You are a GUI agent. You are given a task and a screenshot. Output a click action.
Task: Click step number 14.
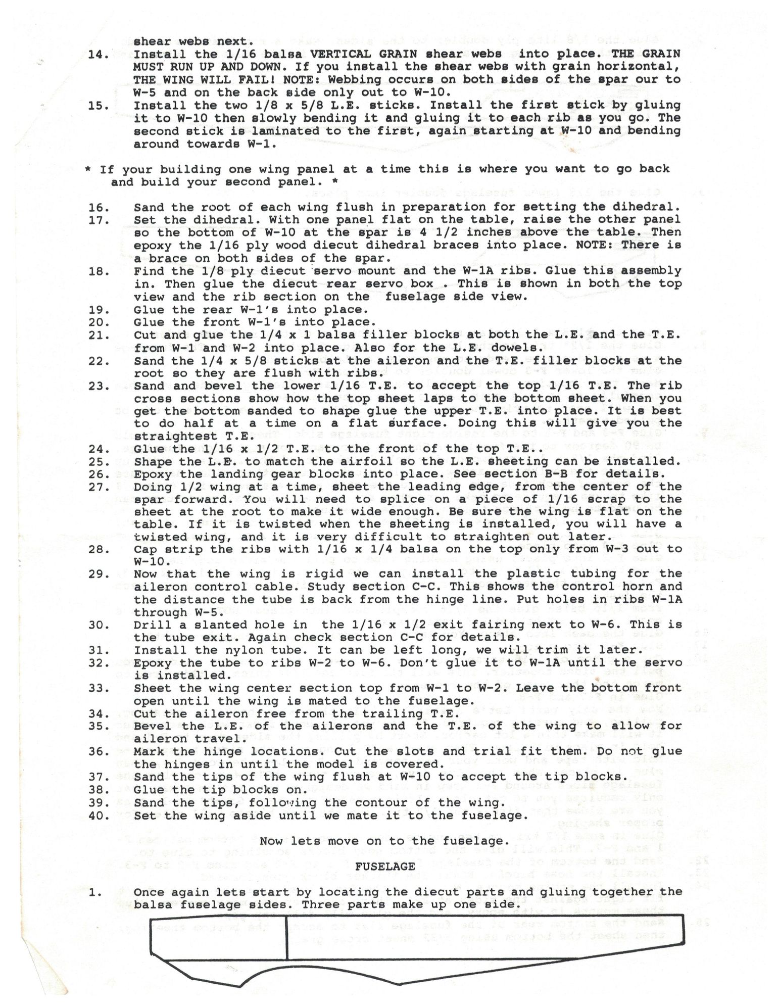point(99,55)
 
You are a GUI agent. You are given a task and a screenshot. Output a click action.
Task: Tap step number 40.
point(99,816)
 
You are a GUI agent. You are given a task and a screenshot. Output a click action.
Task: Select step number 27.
point(99,487)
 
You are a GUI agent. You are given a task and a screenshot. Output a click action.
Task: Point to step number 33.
point(99,688)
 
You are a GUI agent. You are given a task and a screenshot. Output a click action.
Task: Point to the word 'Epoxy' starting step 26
point(153,474)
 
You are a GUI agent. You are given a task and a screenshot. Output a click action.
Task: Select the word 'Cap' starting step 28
point(145,549)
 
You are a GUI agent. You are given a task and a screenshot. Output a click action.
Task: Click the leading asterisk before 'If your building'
point(88,170)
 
